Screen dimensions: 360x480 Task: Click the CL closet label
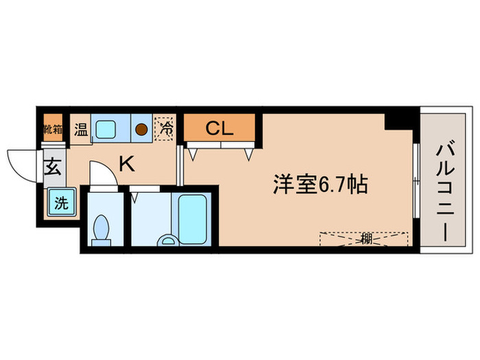(x=219, y=128)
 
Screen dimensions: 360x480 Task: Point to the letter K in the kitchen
(x=126, y=164)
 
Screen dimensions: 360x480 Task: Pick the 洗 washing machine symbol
(x=59, y=202)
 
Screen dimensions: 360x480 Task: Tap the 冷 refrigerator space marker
(x=165, y=128)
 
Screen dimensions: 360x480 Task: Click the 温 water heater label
(x=81, y=128)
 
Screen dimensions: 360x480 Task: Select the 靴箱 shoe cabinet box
(x=53, y=128)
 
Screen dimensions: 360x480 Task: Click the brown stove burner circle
(x=142, y=128)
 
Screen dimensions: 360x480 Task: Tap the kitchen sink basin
(x=107, y=128)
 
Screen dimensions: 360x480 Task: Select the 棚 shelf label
(x=365, y=239)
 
